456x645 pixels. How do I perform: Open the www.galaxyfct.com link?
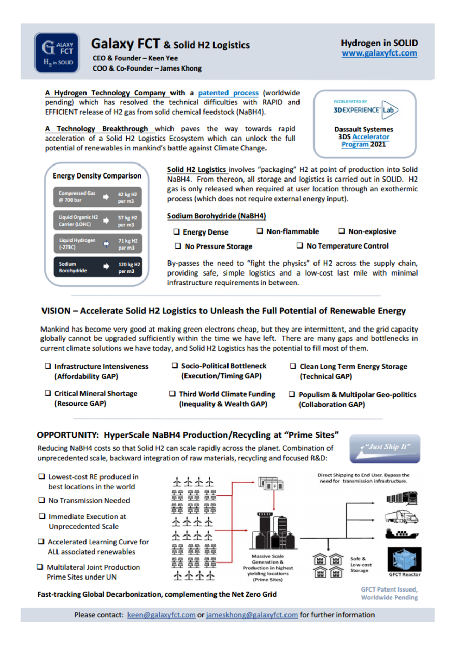coord(379,53)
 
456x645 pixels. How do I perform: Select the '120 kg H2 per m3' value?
coord(127,267)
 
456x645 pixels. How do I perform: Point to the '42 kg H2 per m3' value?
coord(127,196)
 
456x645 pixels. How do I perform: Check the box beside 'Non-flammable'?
coord(261,231)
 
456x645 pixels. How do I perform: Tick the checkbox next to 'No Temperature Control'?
coord(300,246)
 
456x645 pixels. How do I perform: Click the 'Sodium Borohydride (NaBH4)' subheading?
coord(217,216)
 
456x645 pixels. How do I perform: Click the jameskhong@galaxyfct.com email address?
coord(252,615)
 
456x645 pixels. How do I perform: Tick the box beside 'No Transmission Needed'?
coord(41,501)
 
